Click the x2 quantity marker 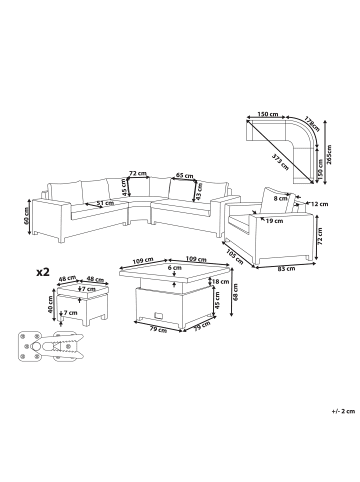click(44, 272)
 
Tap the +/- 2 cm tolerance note click(342, 411)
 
